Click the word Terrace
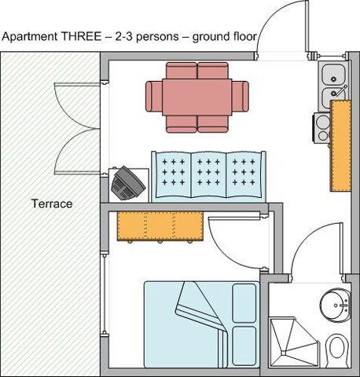click(x=52, y=203)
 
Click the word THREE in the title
click(x=81, y=36)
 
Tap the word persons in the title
click(x=157, y=36)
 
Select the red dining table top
click(x=197, y=97)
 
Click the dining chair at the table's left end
click(x=154, y=97)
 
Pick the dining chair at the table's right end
click(x=241, y=97)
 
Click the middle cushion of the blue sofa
click(x=208, y=174)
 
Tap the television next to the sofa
click(x=127, y=183)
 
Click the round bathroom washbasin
click(x=336, y=306)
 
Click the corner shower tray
click(x=293, y=342)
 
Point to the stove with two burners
click(x=322, y=128)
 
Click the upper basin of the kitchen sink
click(x=333, y=74)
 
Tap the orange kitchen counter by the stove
click(x=340, y=145)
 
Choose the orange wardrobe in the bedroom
click(x=160, y=226)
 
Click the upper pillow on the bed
click(x=244, y=303)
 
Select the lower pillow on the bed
click(x=244, y=346)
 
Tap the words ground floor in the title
click(x=224, y=37)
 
